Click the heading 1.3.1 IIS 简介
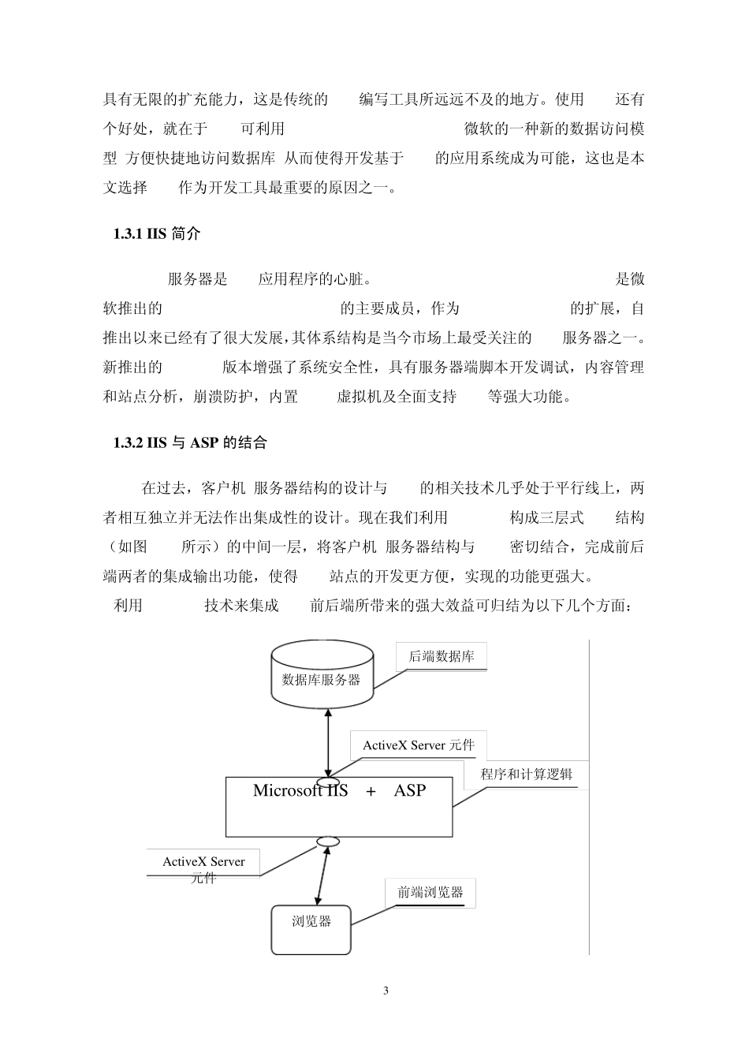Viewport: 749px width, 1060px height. click(x=157, y=234)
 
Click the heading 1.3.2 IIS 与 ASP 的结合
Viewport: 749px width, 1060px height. click(x=190, y=442)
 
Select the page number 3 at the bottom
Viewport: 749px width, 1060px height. click(x=386, y=991)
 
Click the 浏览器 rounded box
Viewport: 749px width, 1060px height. click(x=311, y=929)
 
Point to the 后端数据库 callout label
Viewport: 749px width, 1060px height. click(x=441, y=656)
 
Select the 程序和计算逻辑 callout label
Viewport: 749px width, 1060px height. click(x=527, y=774)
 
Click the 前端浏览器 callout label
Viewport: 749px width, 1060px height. click(x=430, y=893)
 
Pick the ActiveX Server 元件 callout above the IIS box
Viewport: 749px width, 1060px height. click(x=419, y=745)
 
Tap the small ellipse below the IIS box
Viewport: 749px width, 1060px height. click(x=323, y=842)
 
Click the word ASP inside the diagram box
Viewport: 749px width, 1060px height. click(x=409, y=790)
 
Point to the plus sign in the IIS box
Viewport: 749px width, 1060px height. click(x=371, y=791)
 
